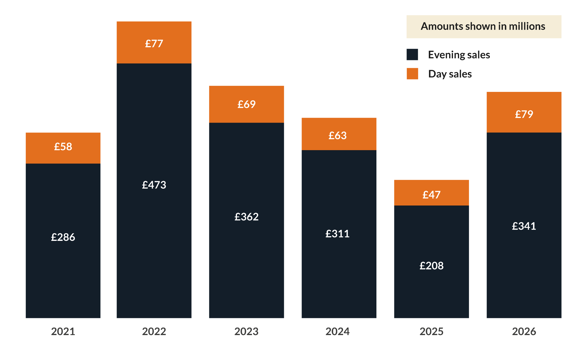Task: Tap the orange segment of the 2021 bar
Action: tap(63, 157)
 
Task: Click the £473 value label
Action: tap(154, 185)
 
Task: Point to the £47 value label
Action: tap(431, 195)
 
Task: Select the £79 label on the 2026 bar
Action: tap(524, 114)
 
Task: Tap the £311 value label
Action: tap(337, 234)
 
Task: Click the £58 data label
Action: tap(63, 147)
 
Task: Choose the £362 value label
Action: tap(246, 217)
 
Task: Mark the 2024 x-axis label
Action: tap(337, 331)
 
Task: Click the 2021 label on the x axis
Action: tap(63, 331)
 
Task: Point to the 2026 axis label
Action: tap(524, 331)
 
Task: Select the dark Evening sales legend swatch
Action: tap(412, 54)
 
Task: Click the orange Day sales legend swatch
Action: tap(412, 74)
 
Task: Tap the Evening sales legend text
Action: tap(459, 55)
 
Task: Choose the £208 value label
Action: tap(431, 266)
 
